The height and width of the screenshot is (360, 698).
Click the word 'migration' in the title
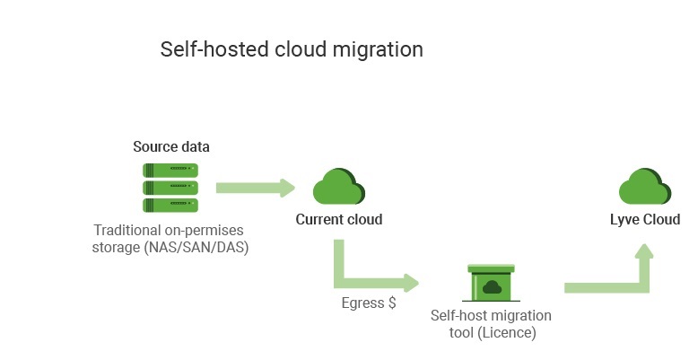[379, 49]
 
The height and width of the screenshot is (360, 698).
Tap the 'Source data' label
[171, 146]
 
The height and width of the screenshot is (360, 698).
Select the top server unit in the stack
[170, 170]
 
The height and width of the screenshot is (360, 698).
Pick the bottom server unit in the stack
[170, 205]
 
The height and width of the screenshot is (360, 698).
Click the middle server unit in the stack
[170, 187]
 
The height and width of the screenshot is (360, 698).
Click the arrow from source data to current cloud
[255, 188]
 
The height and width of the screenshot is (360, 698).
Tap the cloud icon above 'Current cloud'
[338, 187]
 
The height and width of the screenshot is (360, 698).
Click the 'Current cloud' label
[339, 219]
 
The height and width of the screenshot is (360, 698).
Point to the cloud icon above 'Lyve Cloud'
[644, 187]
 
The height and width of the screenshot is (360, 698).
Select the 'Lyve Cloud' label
[644, 219]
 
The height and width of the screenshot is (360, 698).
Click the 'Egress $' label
[368, 303]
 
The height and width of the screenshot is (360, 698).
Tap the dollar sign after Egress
[391, 303]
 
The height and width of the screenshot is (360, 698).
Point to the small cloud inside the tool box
[491, 287]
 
